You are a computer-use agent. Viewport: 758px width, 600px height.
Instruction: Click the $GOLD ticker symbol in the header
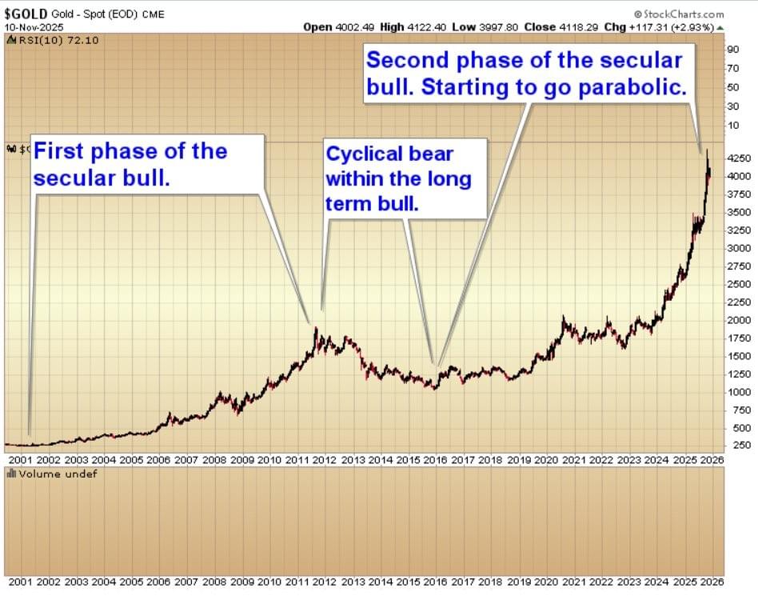tap(25, 14)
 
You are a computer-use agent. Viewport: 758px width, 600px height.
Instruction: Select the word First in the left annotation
tap(62, 151)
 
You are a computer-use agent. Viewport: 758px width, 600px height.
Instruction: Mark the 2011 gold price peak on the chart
tap(315, 328)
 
